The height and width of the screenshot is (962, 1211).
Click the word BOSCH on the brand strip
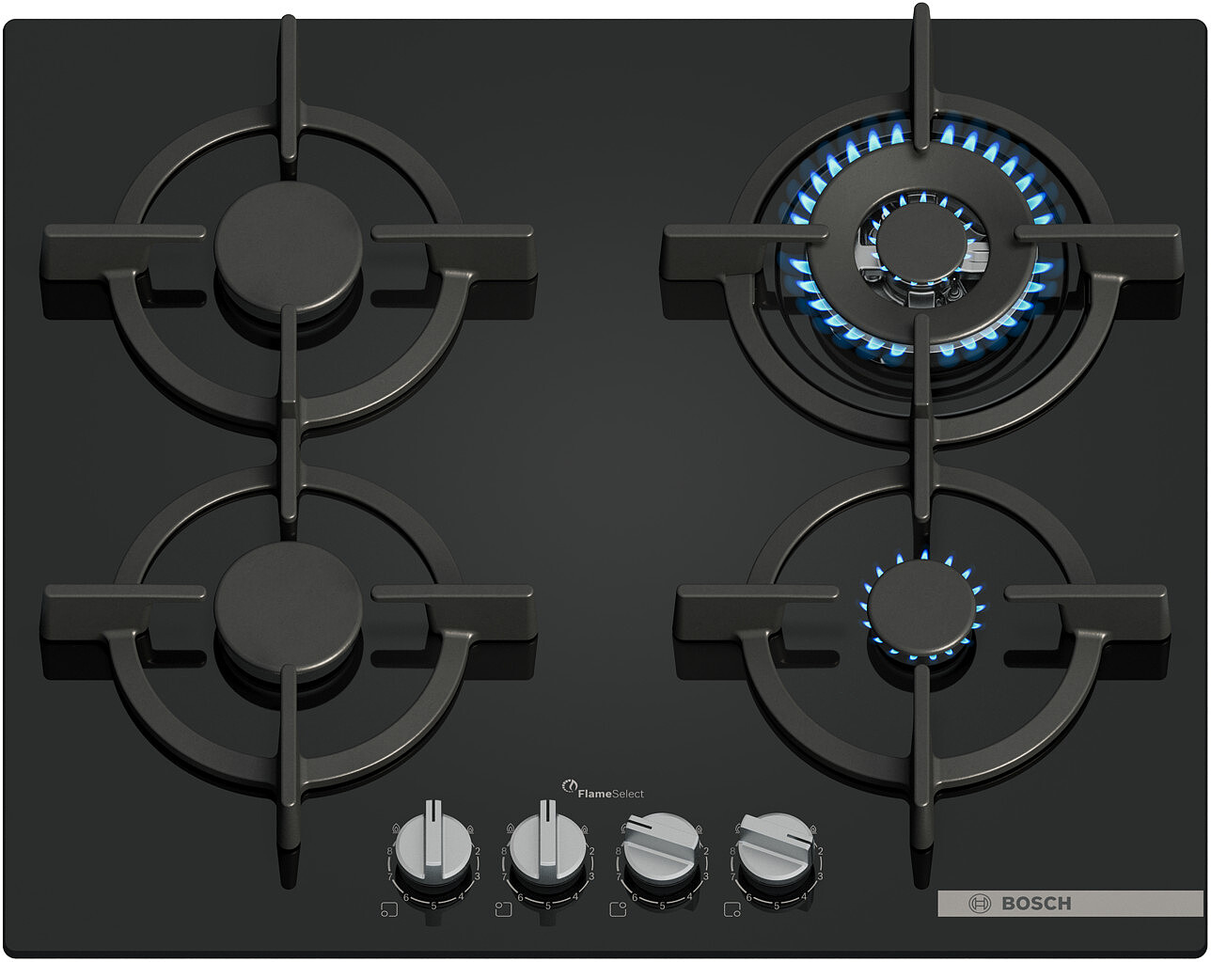click(x=1036, y=904)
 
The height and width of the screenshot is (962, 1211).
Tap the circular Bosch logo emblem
click(x=980, y=904)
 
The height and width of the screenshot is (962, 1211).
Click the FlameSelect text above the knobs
click(x=610, y=794)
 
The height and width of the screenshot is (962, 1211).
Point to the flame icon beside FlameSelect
click(x=570, y=786)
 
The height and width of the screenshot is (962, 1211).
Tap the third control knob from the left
click(x=662, y=847)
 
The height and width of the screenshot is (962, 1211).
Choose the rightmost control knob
click(x=777, y=847)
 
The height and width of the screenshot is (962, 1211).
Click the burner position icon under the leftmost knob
click(x=389, y=909)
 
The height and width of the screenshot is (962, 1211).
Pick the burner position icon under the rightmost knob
click(x=732, y=909)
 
